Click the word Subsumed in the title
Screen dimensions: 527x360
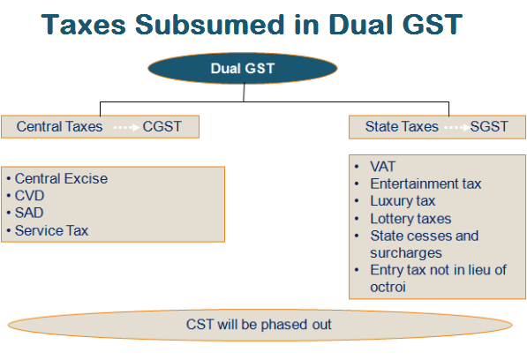point(210,25)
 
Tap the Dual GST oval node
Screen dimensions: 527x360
point(243,68)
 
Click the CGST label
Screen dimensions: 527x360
point(162,126)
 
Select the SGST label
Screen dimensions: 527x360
point(489,126)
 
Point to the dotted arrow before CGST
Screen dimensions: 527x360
point(126,128)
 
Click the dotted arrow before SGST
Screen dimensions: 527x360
point(457,128)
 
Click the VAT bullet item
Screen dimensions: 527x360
point(383,167)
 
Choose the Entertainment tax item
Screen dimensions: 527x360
point(425,184)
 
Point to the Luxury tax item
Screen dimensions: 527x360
point(403,201)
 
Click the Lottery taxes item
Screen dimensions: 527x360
point(410,219)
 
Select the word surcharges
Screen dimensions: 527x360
point(406,253)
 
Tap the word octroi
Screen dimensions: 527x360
point(388,287)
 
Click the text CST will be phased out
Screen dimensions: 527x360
point(259,325)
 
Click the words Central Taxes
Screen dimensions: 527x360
point(59,126)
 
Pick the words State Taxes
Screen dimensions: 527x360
point(402,126)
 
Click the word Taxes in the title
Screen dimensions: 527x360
point(83,25)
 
